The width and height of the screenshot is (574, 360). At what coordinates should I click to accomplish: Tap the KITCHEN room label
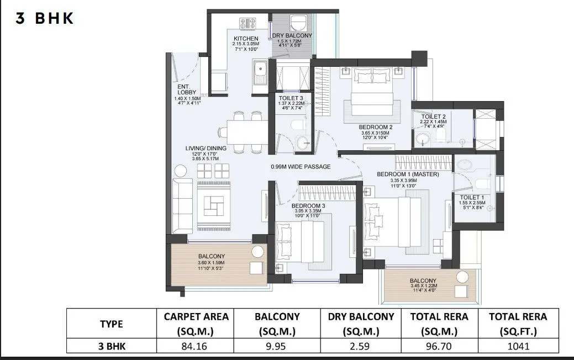pyautogui.click(x=245, y=39)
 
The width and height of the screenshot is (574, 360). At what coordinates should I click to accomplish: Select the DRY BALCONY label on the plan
pyautogui.click(x=292, y=35)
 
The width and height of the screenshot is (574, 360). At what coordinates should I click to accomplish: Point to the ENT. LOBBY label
pyautogui.click(x=184, y=90)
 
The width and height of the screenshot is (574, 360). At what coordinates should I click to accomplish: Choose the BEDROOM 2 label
pyautogui.click(x=375, y=126)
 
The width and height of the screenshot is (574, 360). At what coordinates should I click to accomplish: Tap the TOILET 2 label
pyautogui.click(x=433, y=117)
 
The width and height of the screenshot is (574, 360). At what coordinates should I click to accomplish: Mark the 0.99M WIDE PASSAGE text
pyautogui.click(x=301, y=166)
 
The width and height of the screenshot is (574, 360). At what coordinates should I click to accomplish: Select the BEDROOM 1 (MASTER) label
pyautogui.click(x=407, y=174)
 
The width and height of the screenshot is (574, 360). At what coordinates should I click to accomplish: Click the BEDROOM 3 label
pyautogui.click(x=307, y=205)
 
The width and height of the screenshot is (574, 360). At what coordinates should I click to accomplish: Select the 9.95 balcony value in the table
pyautogui.click(x=277, y=346)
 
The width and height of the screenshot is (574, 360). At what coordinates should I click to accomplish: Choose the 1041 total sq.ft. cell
pyautogui.click(x=518, y=346)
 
